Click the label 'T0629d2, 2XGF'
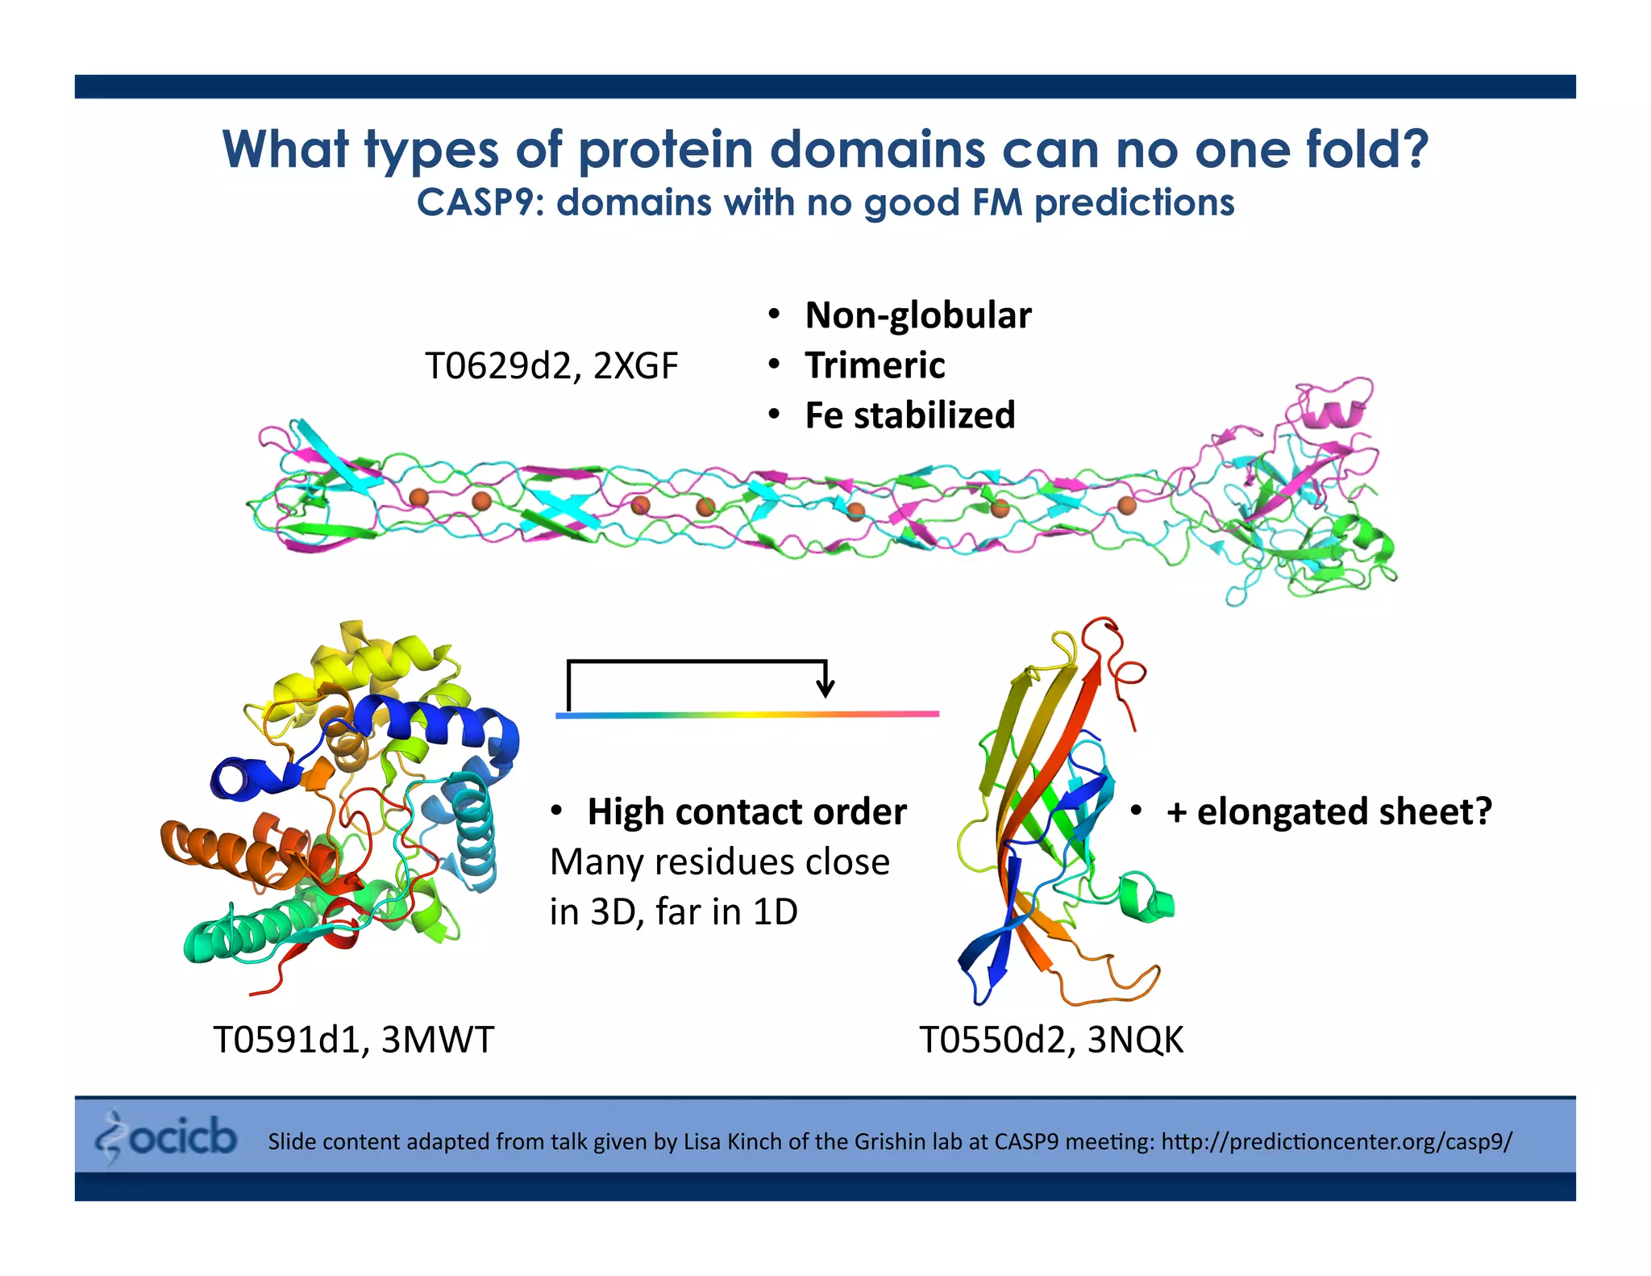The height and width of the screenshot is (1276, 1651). (x=551, y=366)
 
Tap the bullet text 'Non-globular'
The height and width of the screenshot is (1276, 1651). (x=917, y=315)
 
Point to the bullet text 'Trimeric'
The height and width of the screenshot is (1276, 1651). (x=875, y=365)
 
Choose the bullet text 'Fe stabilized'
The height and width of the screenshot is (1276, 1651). (x=909, y=416)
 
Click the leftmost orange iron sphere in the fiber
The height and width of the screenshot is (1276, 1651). (x=418, y=498)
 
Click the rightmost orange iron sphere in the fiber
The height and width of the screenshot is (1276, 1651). (x=1126, y=506)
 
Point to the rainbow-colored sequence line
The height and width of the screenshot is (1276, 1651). (x=746, y=715)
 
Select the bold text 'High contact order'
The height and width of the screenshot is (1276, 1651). (x=746, y=812)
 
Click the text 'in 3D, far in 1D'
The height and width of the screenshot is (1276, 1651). (x=674, y=912)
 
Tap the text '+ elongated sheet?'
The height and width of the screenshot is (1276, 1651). (x=1329, y=811)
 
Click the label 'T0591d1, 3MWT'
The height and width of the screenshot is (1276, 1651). (x=353, y=1040)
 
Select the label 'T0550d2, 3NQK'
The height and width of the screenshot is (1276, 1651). (x=1051, y=1040)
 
